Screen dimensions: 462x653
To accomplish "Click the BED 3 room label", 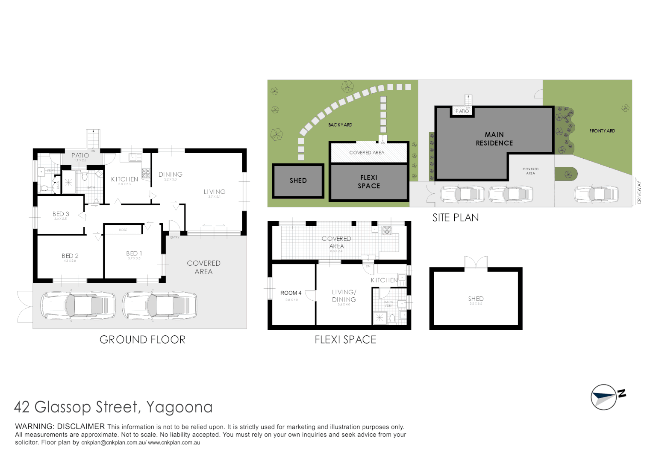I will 61,214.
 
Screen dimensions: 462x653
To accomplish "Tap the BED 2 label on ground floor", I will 70,256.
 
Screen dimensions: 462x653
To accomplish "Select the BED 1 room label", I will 134,254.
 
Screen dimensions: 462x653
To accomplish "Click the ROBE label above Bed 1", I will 123,230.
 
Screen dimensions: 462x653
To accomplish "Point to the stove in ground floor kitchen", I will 146,173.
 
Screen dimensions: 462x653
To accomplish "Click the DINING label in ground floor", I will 171,175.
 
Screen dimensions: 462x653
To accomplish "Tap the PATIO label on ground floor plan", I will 80,155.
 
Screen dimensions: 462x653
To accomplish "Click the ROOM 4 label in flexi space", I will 291,293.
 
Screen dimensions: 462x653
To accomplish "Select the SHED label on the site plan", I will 298,181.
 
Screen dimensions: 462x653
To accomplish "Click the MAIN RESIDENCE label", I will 494,139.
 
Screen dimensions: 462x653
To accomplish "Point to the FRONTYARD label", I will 602,131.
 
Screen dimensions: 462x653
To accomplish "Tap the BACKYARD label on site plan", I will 340,125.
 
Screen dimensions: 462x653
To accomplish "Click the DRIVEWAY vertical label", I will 639,192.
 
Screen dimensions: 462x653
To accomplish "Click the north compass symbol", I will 604,397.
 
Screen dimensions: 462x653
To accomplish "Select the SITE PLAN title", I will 455,218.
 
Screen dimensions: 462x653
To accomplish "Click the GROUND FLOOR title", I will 142,340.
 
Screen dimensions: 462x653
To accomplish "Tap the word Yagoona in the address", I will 179,407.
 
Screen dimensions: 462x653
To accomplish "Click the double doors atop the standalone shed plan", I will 476,262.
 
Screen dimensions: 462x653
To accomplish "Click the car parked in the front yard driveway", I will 596,194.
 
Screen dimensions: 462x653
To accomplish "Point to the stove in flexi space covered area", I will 387,231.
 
